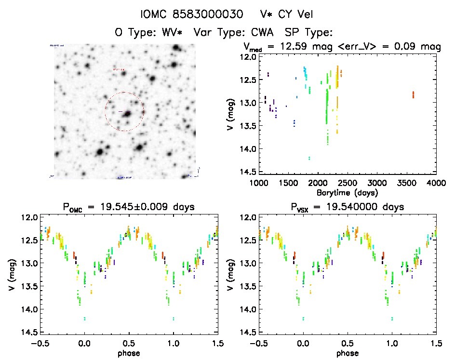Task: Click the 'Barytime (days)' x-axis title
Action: point(347,192)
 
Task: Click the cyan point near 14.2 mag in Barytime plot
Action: point(309,158)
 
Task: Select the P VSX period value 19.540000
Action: point(352,207)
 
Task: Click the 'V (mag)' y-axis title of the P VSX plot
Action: point(232,276)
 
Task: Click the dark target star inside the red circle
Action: point(128,114)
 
